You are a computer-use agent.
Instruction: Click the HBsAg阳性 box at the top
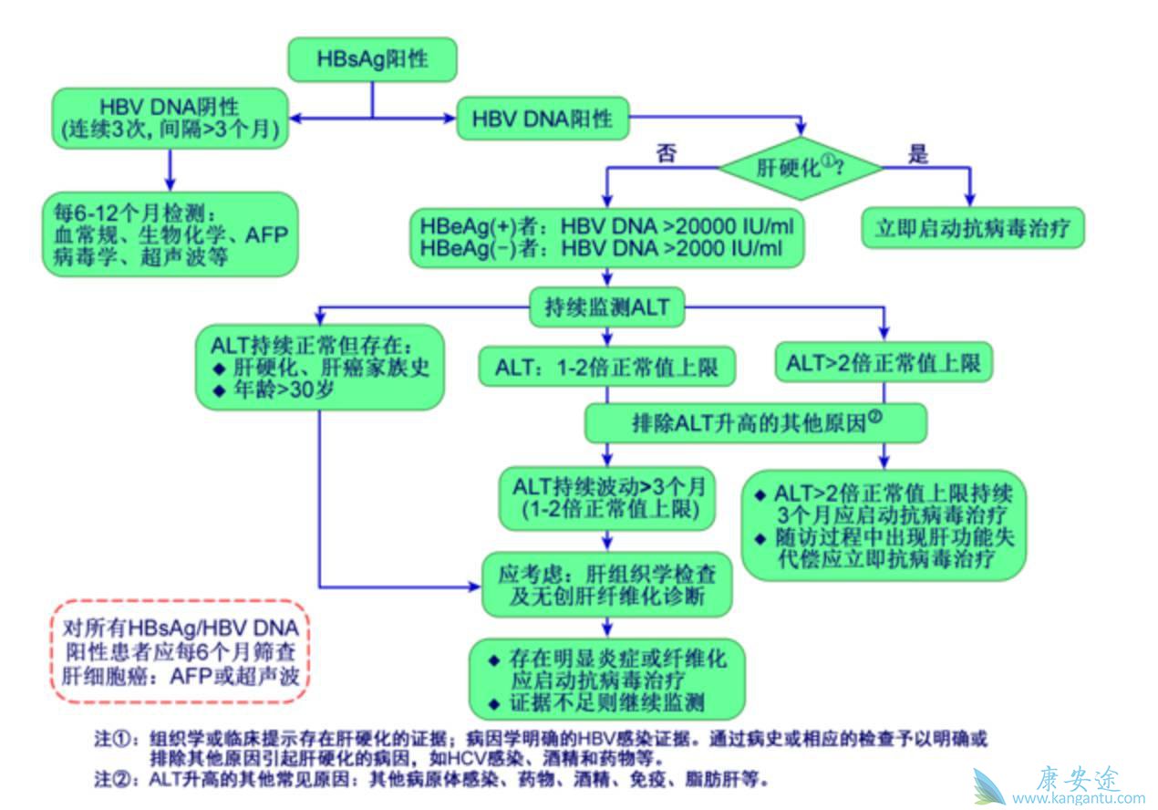pyautogui.click(x=372, y=60)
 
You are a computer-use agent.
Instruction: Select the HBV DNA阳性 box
pyautogui.click(x=543, y=119)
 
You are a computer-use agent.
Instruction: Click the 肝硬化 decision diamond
pyautogui.click(x=801, y=168)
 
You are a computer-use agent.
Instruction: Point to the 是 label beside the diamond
pyautogui.click(x=918, y=154)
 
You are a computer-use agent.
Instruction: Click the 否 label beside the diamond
pyautogui.click(x=667, y=153)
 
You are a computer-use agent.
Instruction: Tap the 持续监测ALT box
pyautogui.click(x=605, y=307)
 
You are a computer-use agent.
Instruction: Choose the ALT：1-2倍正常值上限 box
pyautogui.click(x=607, y=368)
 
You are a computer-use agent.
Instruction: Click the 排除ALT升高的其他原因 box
pyautogui.click(x=756, y=422)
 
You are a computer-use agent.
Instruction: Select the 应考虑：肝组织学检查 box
pyautogui.click(x=607, y=585)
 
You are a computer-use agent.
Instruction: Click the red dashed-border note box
pyautogui.click(x=179, y=650)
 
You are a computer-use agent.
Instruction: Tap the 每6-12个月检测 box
pyautogui.click(x=170, y=234)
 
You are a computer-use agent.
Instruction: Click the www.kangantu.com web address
pyautogui.click(x=1078, y=798)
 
